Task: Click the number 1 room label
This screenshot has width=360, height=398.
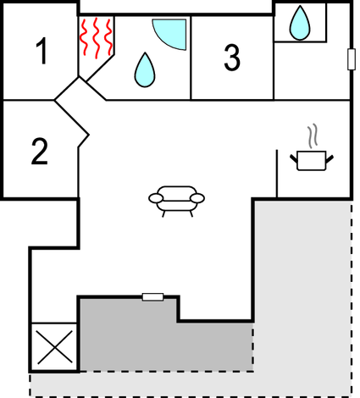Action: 42,52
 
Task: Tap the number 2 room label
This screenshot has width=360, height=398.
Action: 40,151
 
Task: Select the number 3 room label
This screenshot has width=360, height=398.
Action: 232,57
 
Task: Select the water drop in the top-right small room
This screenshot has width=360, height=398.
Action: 299,23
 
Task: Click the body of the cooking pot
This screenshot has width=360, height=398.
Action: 311,161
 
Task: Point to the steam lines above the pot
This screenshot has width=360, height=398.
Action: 313,135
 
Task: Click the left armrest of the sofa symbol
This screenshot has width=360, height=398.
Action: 156,198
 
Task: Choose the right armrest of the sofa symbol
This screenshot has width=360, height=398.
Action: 198,198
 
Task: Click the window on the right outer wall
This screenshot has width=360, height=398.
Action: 351,58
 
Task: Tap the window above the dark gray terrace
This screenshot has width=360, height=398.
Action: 152,296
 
